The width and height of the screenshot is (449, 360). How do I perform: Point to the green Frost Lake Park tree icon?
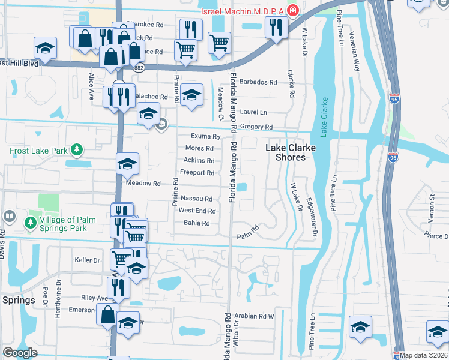click(x=76, y=149)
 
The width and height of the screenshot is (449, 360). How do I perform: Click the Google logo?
click(x=20, y=353)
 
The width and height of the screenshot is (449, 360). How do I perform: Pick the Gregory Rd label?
click(x=256, y=127)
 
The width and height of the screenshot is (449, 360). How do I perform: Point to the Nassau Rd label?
click(x=196, y=199)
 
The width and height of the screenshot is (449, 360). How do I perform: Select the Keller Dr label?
click(x=86, y=260)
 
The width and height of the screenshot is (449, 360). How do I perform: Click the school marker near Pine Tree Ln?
click(x=360, y=327)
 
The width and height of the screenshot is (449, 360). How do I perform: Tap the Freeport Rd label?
click(x=197, y=173)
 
